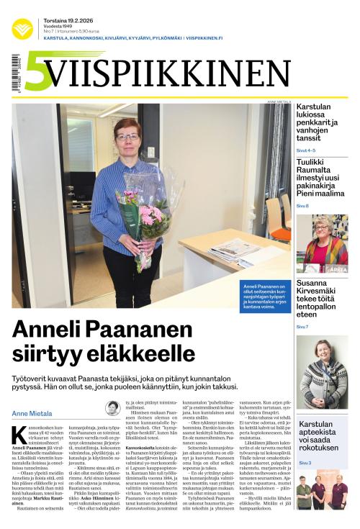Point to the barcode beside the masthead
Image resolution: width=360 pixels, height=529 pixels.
coord(16,73)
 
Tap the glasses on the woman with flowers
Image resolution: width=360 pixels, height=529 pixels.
coord(127,135)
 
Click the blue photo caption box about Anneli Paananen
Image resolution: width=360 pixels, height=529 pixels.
coord(266,293)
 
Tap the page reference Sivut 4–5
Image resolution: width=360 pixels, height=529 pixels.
coord(306,150)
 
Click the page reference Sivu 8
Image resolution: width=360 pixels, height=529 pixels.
coord(302,206)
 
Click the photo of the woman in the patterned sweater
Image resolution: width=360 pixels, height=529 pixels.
coord(322,372)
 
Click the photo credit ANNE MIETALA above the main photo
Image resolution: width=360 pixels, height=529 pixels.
coord(279,101)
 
